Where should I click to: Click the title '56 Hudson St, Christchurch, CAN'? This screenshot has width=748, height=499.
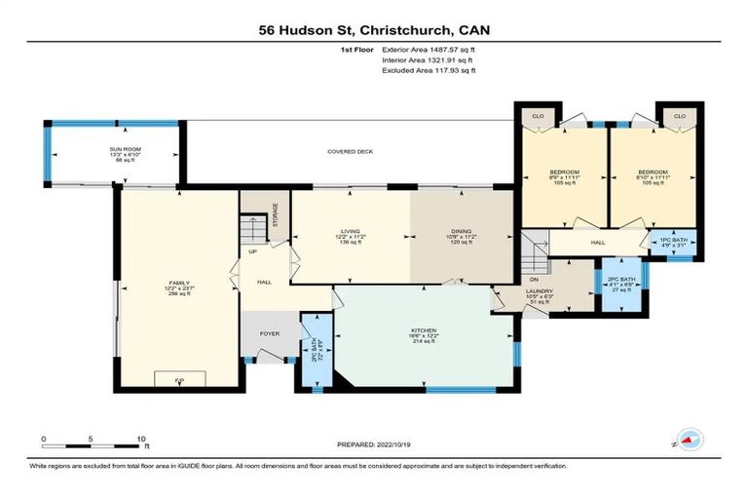click(374, 30)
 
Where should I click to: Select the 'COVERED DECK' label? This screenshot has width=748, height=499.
click(351, 152)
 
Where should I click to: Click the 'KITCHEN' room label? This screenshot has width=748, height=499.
click(423, 330)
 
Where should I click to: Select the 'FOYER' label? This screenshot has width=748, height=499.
click(270, 333)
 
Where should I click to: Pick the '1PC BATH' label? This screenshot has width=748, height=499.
click(673, 241)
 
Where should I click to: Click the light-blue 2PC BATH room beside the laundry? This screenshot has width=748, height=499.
click(619, 287)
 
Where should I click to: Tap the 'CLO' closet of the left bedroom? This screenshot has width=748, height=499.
click(537, 116)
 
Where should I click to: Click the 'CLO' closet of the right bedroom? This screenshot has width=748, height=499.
click(679, 116)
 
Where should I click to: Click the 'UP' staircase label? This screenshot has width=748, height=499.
click(254, 251)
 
